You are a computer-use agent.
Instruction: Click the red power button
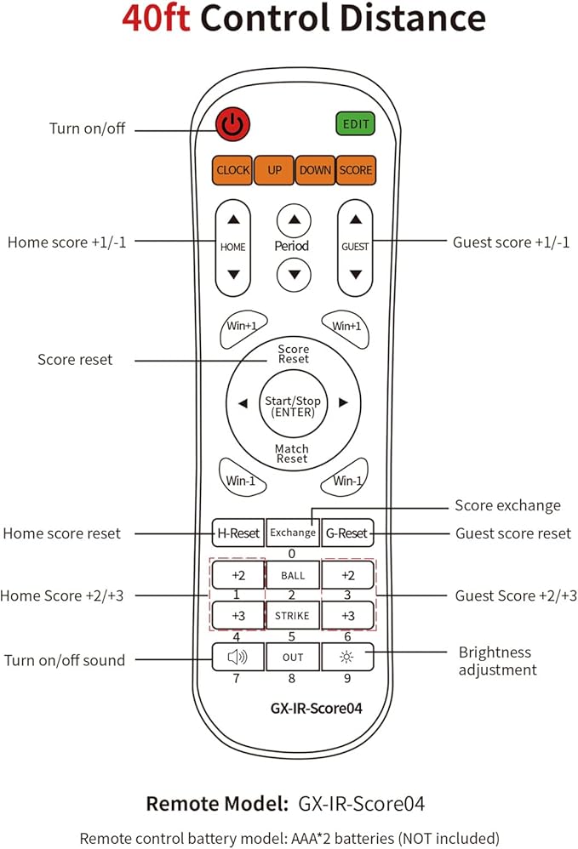click(x=233, y=124)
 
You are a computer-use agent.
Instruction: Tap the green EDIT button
click(x=355, y=124)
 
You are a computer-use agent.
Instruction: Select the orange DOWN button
click(x=315, y=170)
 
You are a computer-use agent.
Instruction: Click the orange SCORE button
click(x=356, y=170)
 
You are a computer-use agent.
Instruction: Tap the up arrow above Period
click(x=294, y=220)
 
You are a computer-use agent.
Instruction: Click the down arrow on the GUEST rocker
click(x=355, y=275)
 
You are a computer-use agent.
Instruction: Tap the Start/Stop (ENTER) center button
click(x=293, y=406)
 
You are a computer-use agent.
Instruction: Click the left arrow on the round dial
click(x=243, y=403)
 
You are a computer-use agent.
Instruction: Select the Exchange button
click(x=293, y=533)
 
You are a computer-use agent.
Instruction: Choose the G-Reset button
click(x=347, y=533)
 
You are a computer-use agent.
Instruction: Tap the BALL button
click(x=293, y=575)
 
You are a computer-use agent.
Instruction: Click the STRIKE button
click(x=293, y=616)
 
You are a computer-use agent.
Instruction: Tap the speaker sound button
click(x=237, y=657)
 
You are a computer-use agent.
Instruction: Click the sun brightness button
click(x=347, y=657)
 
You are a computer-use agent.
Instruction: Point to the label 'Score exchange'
click(x=507, y=505)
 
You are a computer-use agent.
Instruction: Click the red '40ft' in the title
click(x=156, y=17)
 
